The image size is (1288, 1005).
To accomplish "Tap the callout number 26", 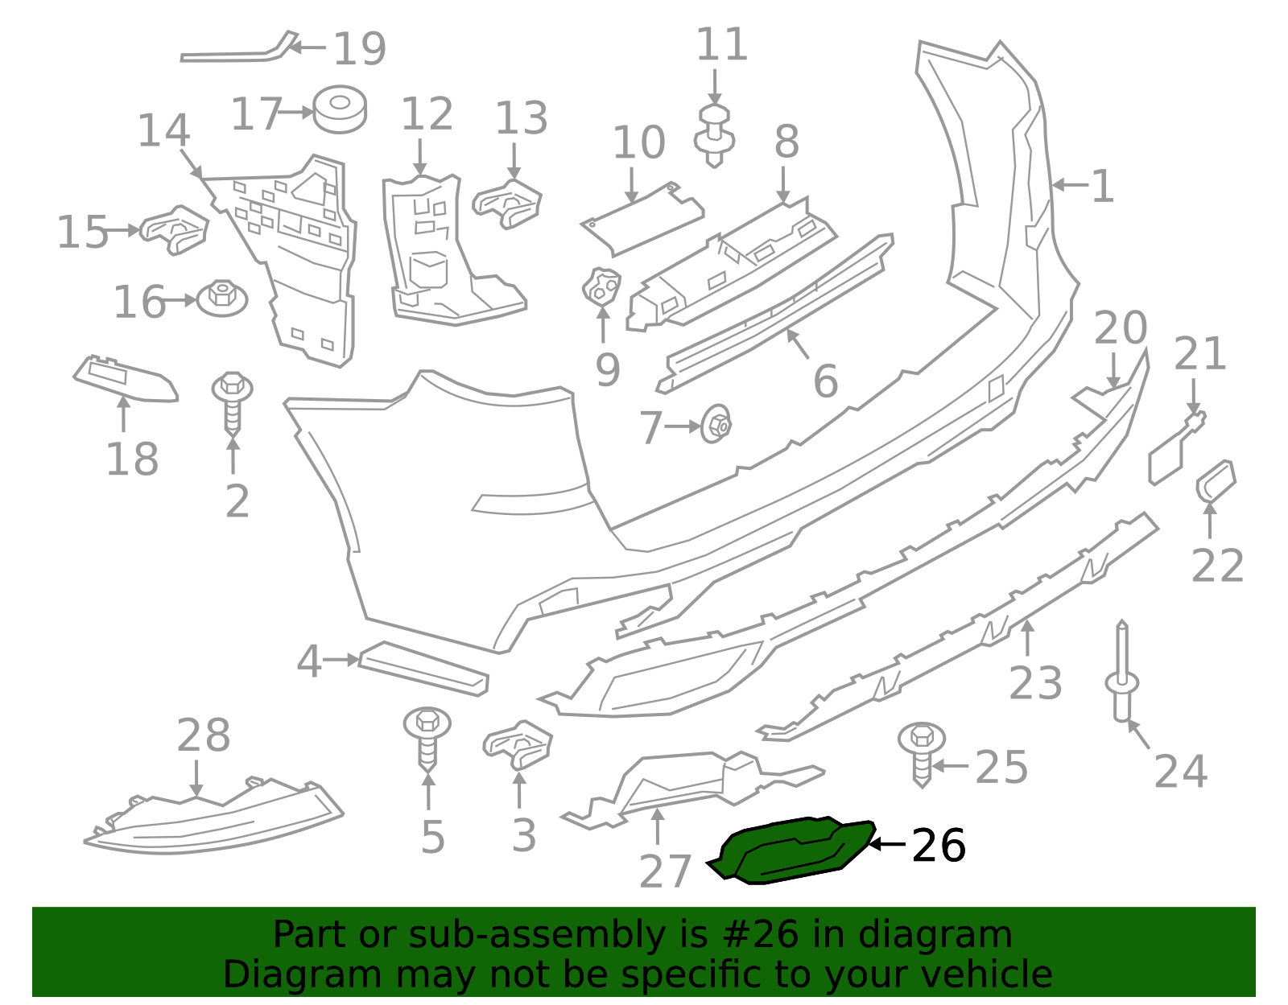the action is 938,846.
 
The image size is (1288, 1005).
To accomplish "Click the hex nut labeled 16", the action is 222,299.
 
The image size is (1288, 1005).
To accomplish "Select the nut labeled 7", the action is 716,425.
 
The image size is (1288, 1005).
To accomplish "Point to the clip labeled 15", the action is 175,229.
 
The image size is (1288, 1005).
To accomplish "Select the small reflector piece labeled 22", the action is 1216,481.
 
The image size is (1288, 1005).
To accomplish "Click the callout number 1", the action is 1102,187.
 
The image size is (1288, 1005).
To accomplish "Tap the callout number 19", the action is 359,50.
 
